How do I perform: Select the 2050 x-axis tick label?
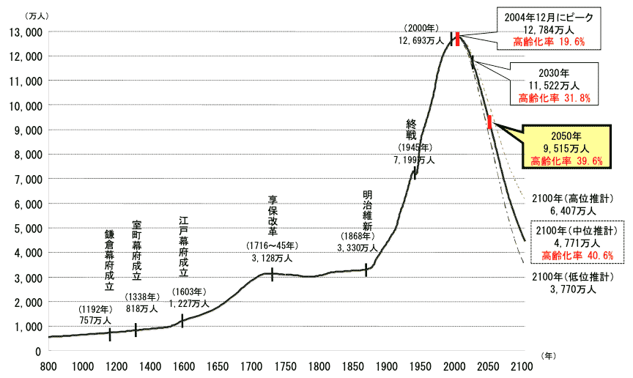[x=488, y=366]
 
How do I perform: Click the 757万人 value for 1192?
[x=97, y=320]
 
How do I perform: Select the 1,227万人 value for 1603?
[x=189, y=303]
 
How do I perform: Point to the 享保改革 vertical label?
[x=273, y=213]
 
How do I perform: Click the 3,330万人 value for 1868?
[x=357, y=248]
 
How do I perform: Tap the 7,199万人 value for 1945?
[x=415, y=159]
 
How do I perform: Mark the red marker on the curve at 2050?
[x=489, y=122]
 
